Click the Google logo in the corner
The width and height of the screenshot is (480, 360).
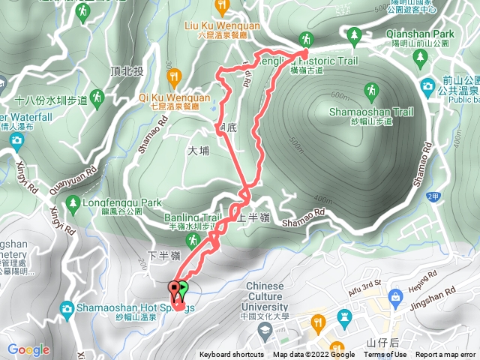pos(28,349)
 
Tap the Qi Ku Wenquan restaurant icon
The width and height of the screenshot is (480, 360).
pos(175,75)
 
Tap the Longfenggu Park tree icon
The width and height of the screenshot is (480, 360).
pos(73,202)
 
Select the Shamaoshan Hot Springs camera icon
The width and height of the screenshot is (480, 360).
pos(67,308)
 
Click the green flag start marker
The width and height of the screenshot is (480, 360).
pos(184,286)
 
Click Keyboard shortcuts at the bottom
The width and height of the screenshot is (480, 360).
pos(232,355)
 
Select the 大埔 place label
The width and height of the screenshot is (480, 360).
pos(196,151)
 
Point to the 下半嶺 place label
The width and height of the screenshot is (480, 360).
pos(162,256)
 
